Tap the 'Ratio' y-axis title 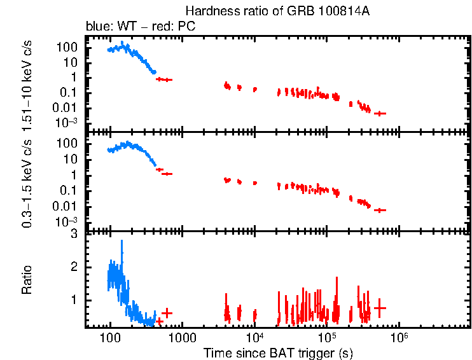[x=27, y=280]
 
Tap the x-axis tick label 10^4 [x=254, y=335]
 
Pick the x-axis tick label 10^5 [x=327, y=335]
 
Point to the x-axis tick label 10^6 [x=399, y=335]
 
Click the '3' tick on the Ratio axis [x=74, y=234]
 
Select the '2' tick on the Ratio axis [x=74, y=267]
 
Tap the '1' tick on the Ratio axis [x=74, y=299]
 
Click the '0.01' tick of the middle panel [x=67, y=206]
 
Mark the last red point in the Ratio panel [x=380, y=308]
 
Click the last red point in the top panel [x=380, y=113]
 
